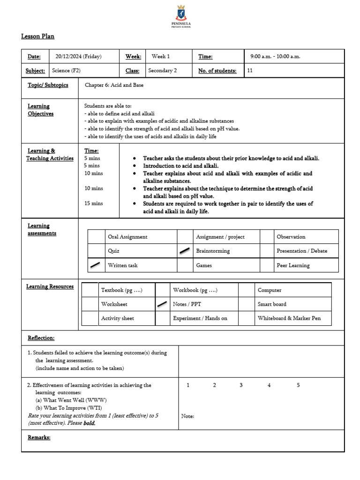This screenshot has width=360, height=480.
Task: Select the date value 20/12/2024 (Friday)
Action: (x=78, y=57)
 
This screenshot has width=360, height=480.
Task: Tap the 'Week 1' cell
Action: (x=161, y=57)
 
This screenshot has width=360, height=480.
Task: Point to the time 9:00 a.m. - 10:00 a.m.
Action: (x=275, y=57)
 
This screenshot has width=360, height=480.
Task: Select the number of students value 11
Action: (x=250, y=71)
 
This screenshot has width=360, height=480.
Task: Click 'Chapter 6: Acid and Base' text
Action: (x=114, y=85)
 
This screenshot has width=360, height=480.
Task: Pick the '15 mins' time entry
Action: (x=93, y=203)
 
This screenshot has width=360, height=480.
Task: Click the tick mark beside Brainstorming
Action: (x=185, y=251)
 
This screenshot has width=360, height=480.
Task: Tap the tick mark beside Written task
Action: (x=96, y=265)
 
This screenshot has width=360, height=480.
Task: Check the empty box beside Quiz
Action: (x=96, y=251)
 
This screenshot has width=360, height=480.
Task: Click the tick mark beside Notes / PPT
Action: (x=162, y=304)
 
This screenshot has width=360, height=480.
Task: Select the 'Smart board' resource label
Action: (x=272, y=304)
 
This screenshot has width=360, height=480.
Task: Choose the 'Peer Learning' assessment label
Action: (x=293, y=265)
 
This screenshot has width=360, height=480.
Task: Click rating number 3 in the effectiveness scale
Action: (x=241, y=385)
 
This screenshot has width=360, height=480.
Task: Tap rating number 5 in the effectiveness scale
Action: (x=298, y=385)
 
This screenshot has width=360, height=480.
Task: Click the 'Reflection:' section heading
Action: (x=41, y=338)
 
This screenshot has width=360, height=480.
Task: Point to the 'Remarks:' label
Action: (x=39, y=437)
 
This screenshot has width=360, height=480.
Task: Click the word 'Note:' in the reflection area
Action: (x=187, y=416)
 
